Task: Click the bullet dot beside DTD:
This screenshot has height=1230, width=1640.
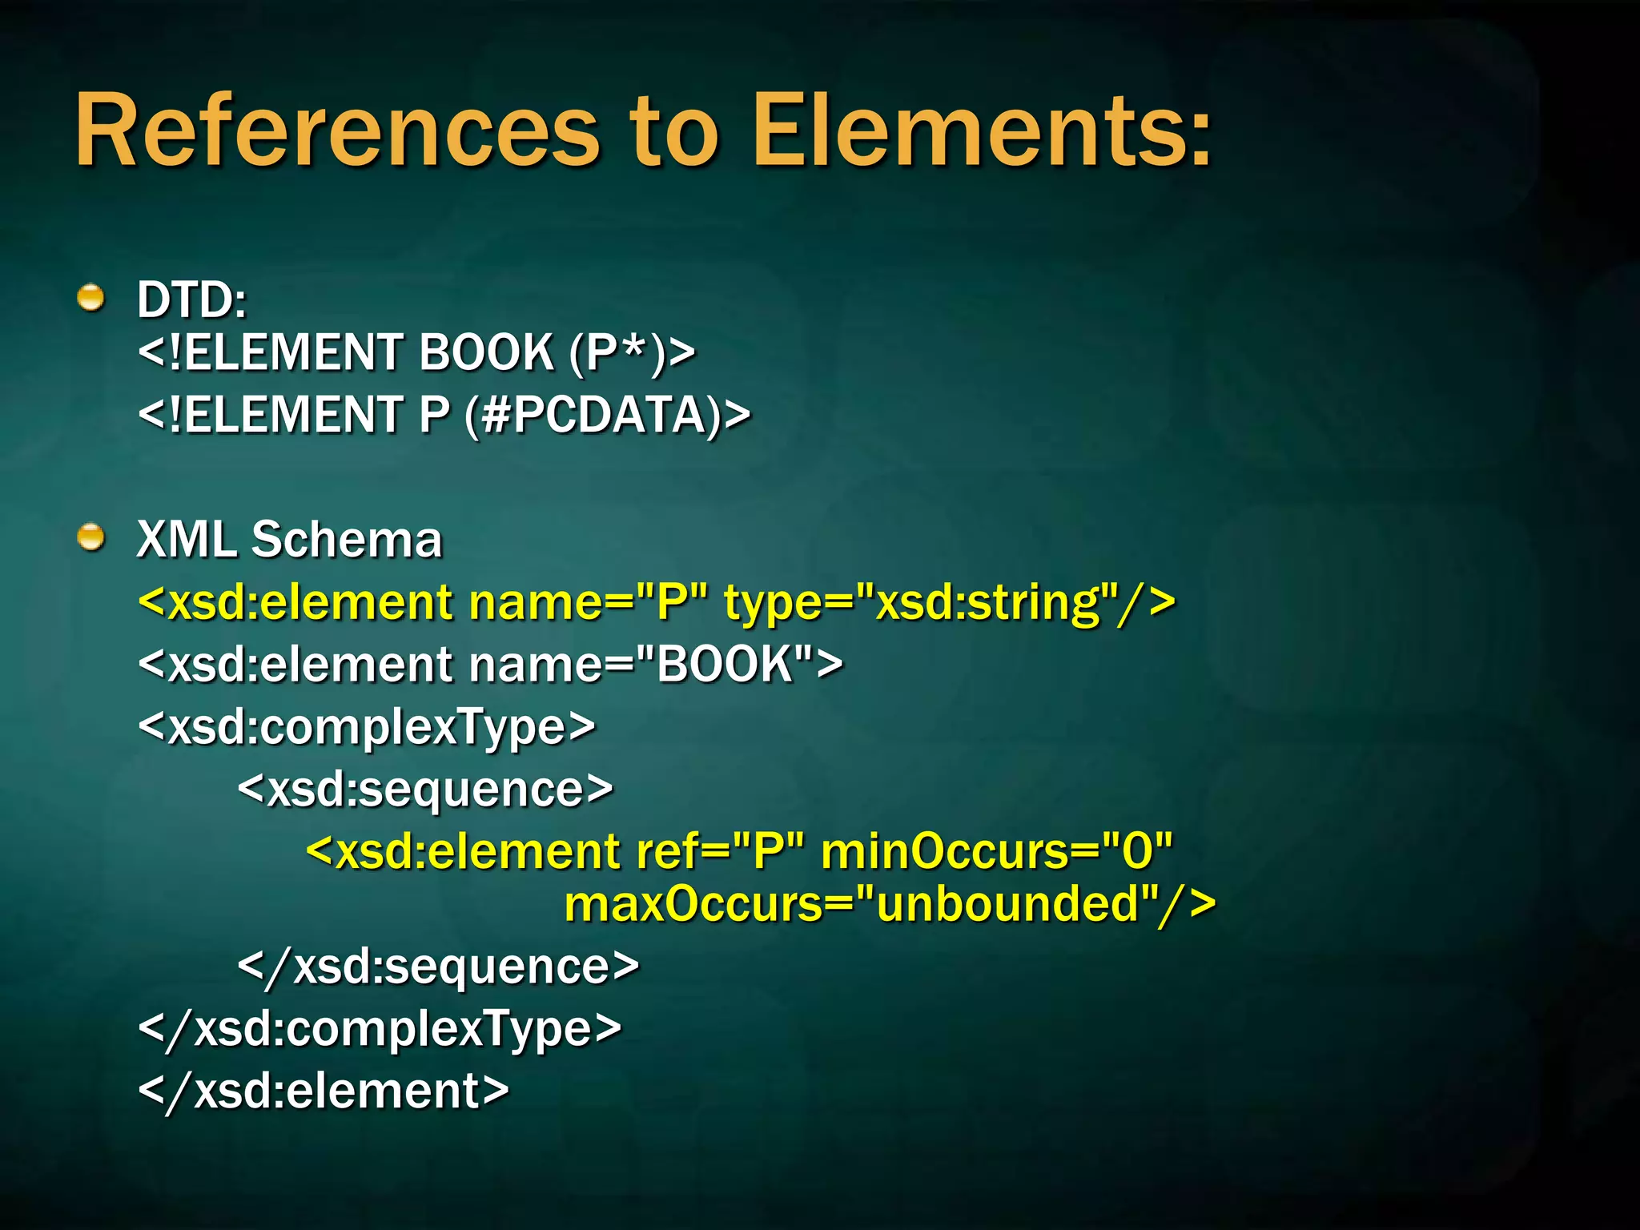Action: tap(91, 298)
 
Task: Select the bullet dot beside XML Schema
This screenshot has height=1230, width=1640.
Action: tap(91, 537)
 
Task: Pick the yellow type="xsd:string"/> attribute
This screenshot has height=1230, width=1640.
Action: tap(949, 602)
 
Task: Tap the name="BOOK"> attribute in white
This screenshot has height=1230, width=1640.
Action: tap(655, 665)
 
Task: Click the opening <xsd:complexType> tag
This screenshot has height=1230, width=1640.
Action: tap(367, 727)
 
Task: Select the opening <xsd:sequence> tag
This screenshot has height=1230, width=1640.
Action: tap(425, 790)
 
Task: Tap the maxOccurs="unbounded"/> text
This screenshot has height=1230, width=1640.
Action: tap(889, 905)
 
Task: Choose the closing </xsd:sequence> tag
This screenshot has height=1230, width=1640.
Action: tap(438, 967)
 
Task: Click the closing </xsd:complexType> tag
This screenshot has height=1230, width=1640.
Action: tap(380, 1029)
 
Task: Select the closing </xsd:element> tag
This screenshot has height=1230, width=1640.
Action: tap(324, 1091)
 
